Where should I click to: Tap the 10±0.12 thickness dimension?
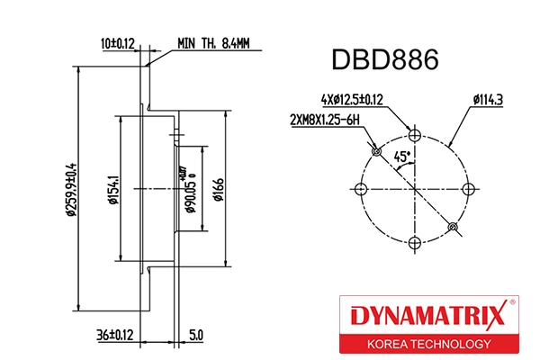pyautogui.click(x=116, y=42)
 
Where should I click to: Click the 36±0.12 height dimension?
pyautogui.click(x=115, y=335)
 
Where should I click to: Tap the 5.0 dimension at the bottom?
pyautogui.click(x=196, y=335)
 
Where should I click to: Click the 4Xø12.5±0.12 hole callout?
pyautogui.click(x=353, y=99)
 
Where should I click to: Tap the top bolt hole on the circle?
pyautogui.click(x=414, y=135)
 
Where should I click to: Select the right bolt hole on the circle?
pyautogui.click(x=468, y=189)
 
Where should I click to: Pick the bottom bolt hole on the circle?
pyautogui.click(x=414, y=243)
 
